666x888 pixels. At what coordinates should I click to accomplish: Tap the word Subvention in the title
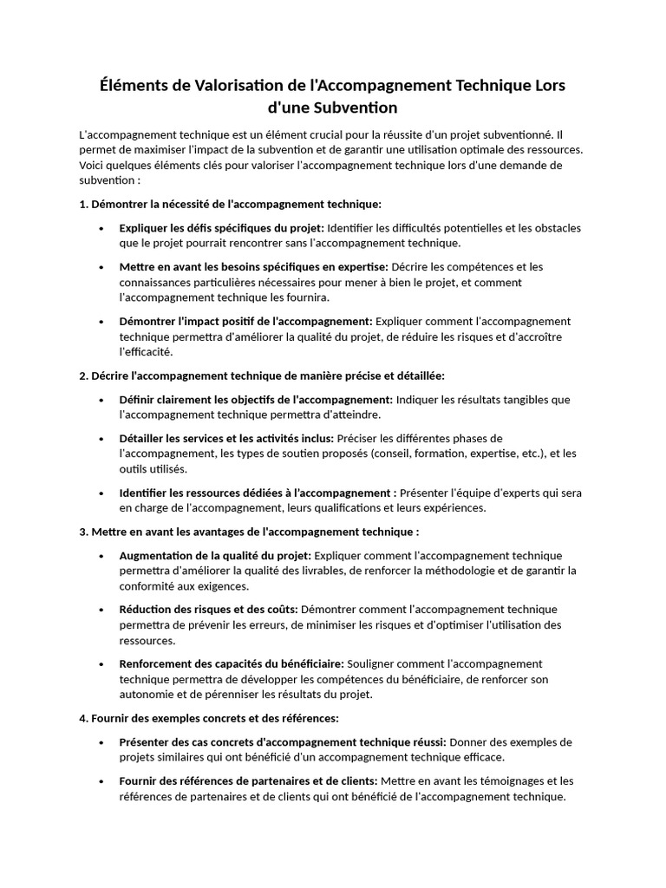[349, 108]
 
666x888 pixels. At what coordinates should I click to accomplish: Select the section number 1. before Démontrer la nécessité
[83, 205]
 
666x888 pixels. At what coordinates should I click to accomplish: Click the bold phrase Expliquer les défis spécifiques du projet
[221, 228]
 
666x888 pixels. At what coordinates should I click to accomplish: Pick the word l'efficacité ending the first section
[146, 352]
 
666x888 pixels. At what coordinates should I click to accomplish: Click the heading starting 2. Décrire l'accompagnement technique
[261, 375]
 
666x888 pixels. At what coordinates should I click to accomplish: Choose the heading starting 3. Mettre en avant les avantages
[249, 532]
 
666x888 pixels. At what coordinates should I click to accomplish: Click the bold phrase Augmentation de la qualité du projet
[215, 555]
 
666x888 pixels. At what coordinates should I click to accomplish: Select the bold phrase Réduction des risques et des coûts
[208, 610]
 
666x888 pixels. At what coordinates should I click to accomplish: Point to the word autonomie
[148, 695]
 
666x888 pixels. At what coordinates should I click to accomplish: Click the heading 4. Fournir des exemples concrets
[209, 719]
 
